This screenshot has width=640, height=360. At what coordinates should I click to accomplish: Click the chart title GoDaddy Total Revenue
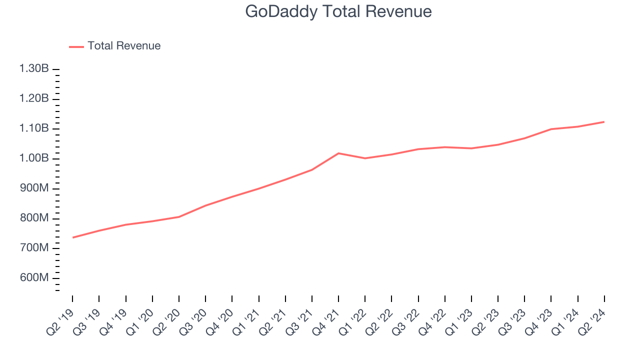338,11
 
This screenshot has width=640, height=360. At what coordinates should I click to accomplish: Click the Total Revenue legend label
124,46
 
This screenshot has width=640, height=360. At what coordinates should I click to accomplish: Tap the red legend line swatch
76,46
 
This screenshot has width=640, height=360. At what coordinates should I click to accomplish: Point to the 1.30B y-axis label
34,68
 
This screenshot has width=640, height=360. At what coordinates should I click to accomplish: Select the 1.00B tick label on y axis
34,158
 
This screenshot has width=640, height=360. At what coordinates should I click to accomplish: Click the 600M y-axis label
34,278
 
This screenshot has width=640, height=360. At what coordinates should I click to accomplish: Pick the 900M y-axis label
34,188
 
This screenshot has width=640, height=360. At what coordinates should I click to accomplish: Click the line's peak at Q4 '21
339,153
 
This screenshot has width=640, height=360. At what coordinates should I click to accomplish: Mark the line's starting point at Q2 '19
73,237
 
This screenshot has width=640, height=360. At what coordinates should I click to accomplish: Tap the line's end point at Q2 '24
604,121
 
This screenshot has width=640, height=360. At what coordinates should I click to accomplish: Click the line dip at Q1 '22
365,158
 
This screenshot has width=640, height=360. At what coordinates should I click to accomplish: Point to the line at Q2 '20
179,216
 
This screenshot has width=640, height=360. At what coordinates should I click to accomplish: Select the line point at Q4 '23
551,129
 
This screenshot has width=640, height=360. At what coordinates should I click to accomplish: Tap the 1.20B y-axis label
34,98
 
